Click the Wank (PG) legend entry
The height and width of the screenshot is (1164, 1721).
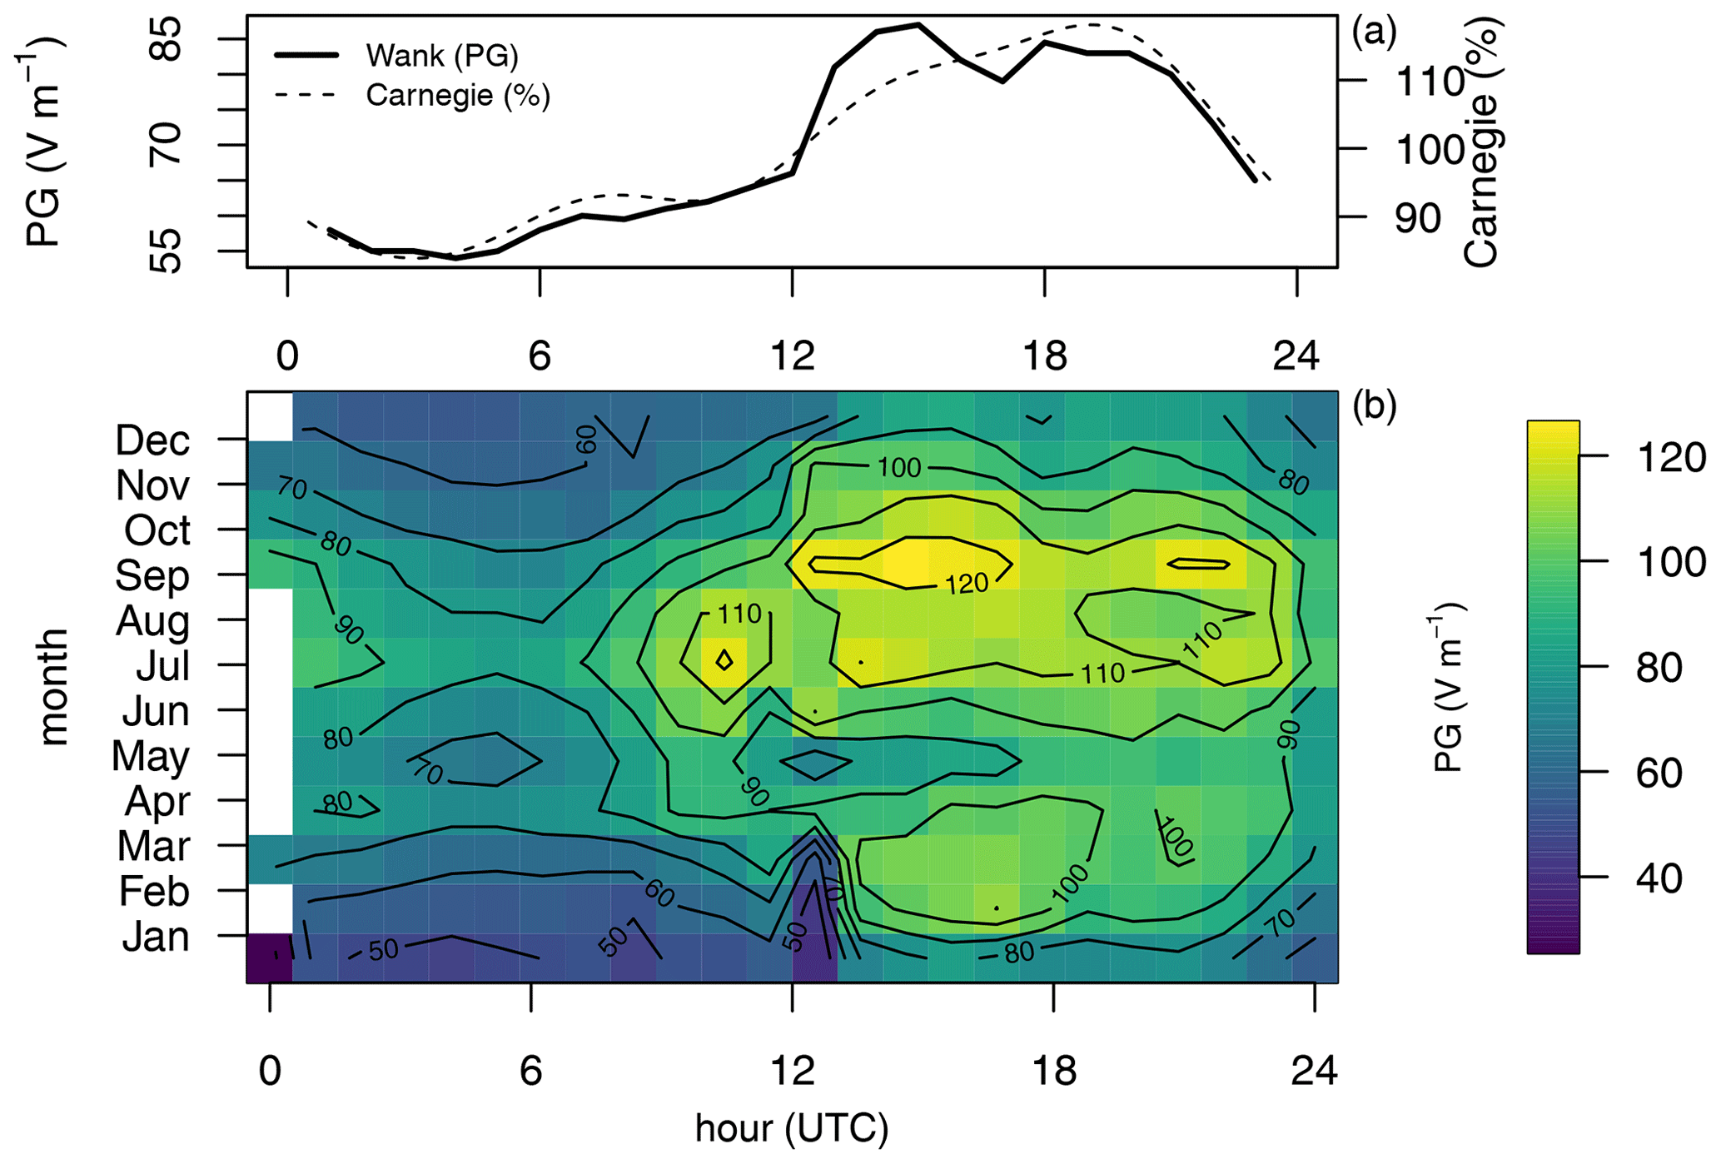(x=441, y=56)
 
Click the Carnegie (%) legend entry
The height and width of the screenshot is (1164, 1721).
(x=457, y=96)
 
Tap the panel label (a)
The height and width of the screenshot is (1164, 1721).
(x=1374, y=32)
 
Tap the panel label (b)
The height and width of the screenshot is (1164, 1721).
(x=1374, y=405)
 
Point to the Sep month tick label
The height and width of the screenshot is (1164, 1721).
(x=152, y=575)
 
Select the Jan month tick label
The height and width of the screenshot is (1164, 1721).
(x=156, y=937)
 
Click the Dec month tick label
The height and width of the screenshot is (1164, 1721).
(x=152, y=440)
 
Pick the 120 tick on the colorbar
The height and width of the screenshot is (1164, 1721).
(x=1670, y=458)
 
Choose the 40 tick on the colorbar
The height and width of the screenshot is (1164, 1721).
(x=1659, y=878)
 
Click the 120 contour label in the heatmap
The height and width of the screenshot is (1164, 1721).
(x=966, y=584)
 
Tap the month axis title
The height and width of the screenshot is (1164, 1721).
(x=52, y=687)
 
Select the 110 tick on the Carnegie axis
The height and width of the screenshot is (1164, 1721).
(x=1430, y=82)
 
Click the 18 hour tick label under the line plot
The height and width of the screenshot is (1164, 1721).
(x=1044, y=356)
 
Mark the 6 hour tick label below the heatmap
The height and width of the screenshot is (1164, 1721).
(x=531, y=1071)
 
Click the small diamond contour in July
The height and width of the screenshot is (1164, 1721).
(x=724, y=660)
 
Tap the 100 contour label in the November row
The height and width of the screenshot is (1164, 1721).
(x=899, y=467)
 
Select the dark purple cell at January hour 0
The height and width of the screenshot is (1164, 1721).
(x=270, y=958)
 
